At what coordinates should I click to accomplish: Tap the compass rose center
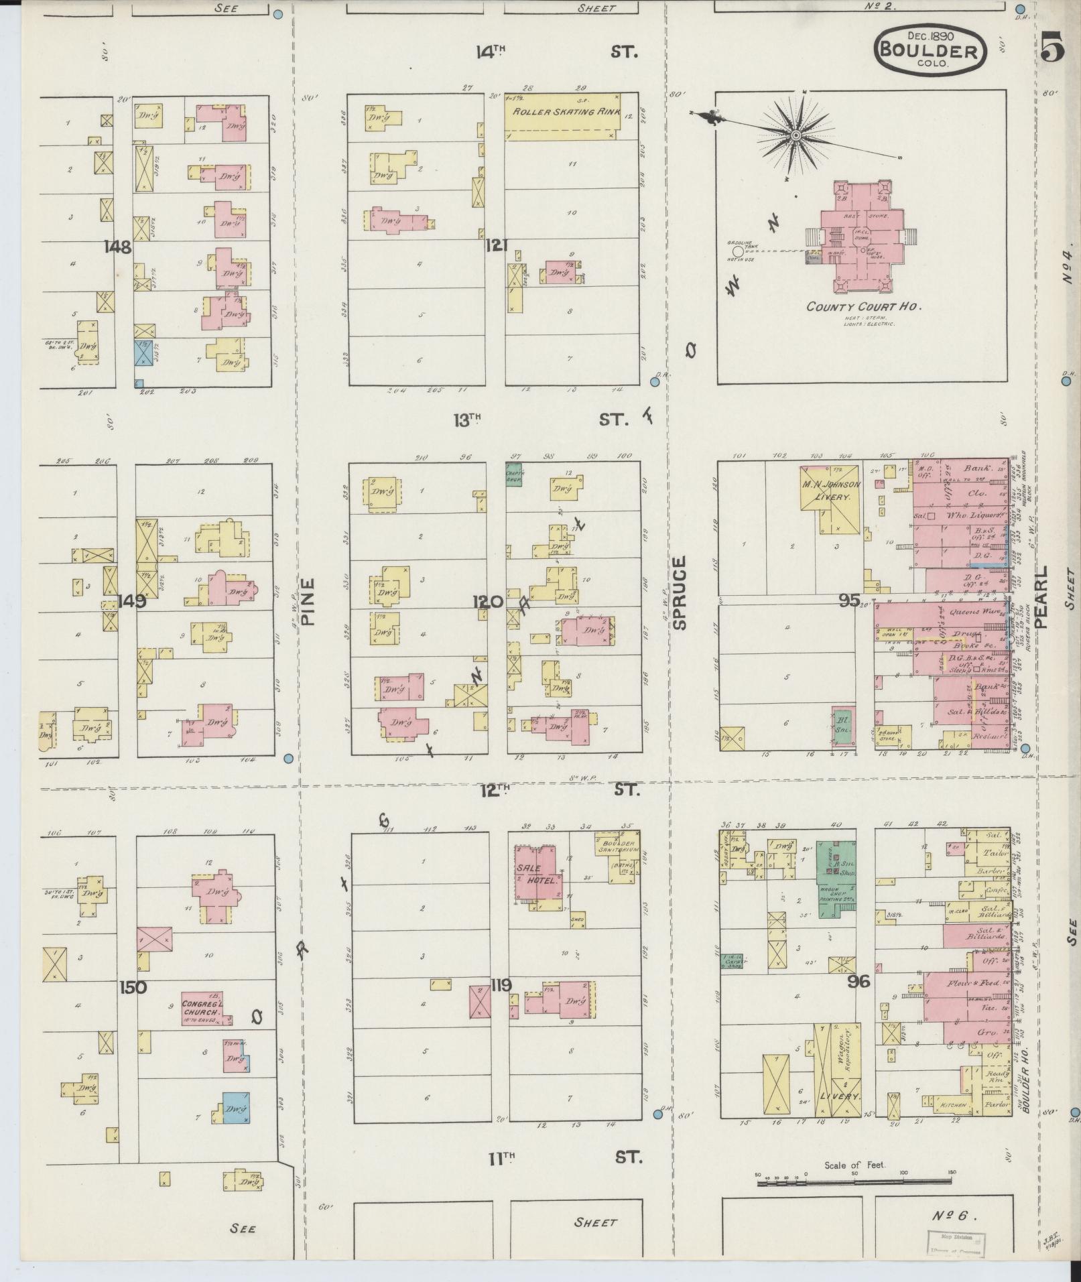(796, 135)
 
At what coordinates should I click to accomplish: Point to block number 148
(117, 247)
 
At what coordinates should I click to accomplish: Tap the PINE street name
(307, 601)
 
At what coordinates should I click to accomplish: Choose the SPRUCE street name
(680, 592)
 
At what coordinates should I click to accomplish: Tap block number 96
(858, 982)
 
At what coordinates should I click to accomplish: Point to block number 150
(133, 987)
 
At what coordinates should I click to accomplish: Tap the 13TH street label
(468, 420)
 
